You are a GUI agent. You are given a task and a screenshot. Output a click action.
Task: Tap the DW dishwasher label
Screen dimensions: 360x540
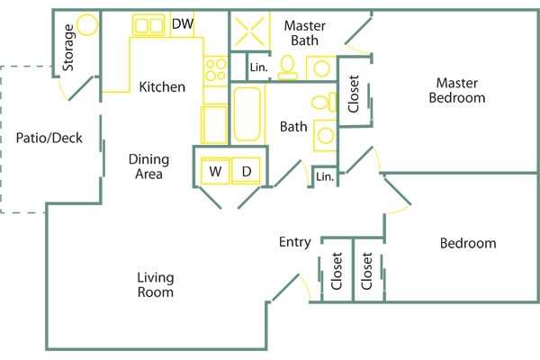[x=182, y=24]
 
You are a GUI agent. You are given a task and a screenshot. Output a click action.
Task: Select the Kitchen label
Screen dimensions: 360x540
[x=162, y=87]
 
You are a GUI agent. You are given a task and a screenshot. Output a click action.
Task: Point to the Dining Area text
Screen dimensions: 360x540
[x=148, y=166]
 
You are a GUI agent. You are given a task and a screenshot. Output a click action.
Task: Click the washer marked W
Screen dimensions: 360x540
[x=216, y=170]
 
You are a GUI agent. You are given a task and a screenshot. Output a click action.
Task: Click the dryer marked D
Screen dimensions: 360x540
[x=246, y=170]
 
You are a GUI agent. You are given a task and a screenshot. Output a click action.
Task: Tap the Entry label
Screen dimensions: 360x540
[x=294, y=242]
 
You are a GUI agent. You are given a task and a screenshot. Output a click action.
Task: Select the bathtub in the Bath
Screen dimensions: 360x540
[x=249, y=112]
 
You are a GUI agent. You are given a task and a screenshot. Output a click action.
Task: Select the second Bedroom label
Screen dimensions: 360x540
[x=467, y=243]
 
